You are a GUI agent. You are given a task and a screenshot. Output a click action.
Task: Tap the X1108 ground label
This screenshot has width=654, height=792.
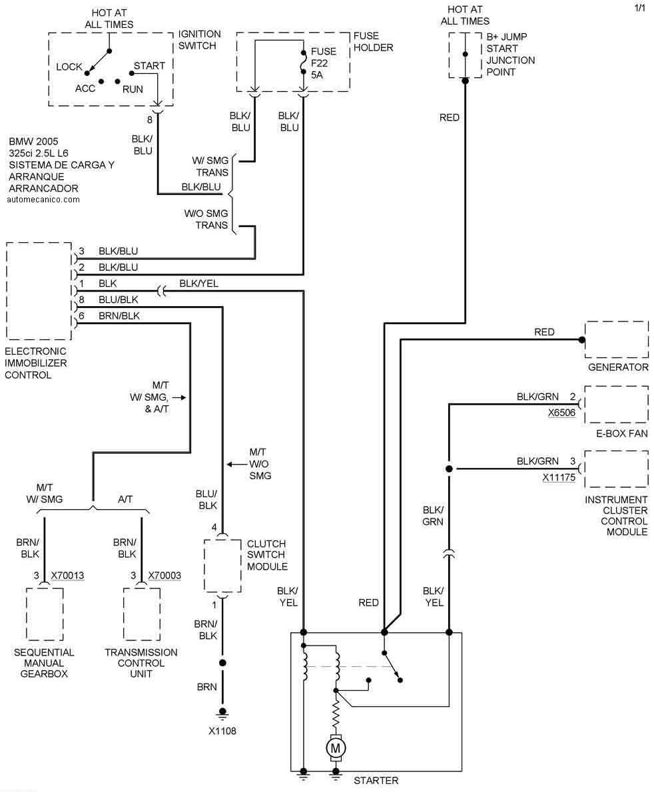(222, 731)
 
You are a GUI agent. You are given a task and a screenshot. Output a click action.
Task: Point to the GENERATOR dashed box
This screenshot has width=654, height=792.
(616, 339)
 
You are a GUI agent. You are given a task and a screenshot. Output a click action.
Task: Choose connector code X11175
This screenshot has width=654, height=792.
(559, 477)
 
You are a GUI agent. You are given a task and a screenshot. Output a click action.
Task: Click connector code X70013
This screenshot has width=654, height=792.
(68, 575)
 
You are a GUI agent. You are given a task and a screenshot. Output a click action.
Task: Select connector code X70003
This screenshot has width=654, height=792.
(164, 575)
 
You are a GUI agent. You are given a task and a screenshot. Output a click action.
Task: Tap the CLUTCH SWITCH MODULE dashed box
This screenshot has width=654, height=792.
(222, 565)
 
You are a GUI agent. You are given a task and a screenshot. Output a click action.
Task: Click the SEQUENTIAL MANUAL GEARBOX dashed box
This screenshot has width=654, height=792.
(45, 614)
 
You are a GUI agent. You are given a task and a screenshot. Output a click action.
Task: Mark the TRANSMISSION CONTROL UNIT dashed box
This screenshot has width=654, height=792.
(142, 614)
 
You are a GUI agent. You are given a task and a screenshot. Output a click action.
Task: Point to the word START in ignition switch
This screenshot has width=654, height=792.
(149, 66)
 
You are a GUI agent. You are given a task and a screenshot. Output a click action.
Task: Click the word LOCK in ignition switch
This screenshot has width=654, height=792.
(69, 67)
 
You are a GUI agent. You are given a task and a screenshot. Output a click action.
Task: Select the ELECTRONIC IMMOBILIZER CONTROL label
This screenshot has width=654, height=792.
(36, 363)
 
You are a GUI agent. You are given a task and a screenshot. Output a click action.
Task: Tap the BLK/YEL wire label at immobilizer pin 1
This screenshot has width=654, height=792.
(198, 284)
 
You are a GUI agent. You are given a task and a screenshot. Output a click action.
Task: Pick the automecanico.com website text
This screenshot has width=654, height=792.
(44, 199)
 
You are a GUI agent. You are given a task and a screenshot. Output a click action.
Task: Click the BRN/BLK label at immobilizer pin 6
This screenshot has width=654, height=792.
(119, 315)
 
